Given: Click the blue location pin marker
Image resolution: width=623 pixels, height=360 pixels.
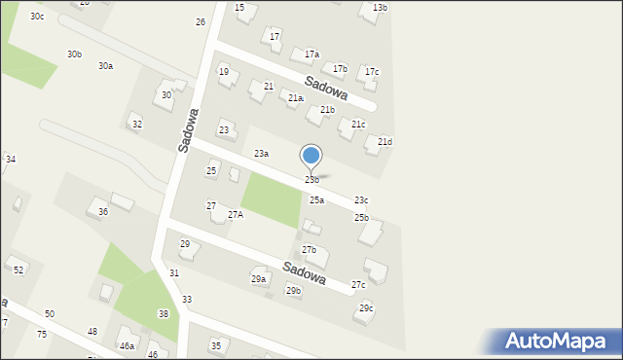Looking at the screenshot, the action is click(311, 157).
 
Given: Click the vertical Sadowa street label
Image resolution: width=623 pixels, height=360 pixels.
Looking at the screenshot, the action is click(189, 128).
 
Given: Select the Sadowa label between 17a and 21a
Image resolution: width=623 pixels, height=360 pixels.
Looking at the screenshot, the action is click(325, 89).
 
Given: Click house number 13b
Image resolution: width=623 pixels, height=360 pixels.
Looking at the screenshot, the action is click(380, 8).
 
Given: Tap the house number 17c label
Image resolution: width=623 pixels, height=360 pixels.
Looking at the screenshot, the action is click(372, 72).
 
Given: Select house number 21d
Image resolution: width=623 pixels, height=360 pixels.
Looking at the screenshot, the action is click(385, 143).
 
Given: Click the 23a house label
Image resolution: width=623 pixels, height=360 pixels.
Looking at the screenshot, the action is click(261, 154).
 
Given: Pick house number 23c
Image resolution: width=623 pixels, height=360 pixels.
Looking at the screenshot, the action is click(361, 199).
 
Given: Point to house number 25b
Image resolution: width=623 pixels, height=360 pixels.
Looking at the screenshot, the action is click(361, 217).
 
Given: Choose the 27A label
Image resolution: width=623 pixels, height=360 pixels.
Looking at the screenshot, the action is click(236, 214).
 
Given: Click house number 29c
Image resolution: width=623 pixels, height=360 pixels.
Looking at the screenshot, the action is click(366, 308).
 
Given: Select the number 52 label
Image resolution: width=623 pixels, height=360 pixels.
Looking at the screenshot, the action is click(18, 269).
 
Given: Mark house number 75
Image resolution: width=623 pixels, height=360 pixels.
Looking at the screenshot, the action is click(42, 334).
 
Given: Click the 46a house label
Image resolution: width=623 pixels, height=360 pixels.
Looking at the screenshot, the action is click(127, 345).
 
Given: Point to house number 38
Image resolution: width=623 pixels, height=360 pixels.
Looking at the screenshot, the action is click(164, 313).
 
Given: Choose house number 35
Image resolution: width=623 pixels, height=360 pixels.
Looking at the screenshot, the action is click(216, 345).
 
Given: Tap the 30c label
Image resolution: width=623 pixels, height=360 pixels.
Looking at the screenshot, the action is click(37, 17).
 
